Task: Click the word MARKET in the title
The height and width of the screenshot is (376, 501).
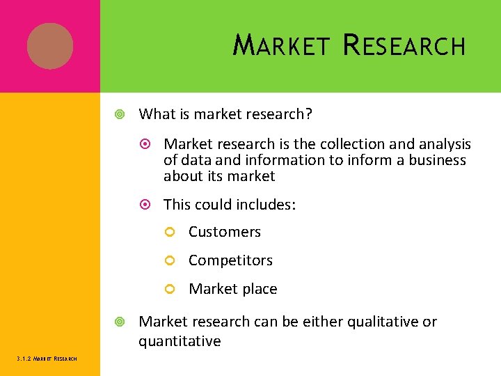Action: pyautogui.click(x=281, y=46)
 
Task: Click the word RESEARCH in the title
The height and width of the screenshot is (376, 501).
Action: pyautogui.click(x=405, y=46)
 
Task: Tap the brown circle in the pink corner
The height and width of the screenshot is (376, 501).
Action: pyautogui.click(x=50, y=46)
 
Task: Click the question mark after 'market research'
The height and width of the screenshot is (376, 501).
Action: pyautogui.click(x=308, y=113)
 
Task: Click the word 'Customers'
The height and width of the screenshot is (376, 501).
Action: pyautogui.click(x=225, y=232)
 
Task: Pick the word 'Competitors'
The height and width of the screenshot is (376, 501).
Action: pyautogui.click(x=230, y=260)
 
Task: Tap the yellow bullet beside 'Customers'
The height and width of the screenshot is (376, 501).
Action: pyautogui.click(x=169, y=233)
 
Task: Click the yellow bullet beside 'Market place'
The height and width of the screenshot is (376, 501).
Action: pyautogui.click(x=169, y=290)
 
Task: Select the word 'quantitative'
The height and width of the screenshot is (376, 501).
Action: pyautogui.click(x=180, y=341)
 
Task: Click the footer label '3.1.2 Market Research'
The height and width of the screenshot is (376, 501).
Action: pyautogui.click(x=47, y=359)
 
